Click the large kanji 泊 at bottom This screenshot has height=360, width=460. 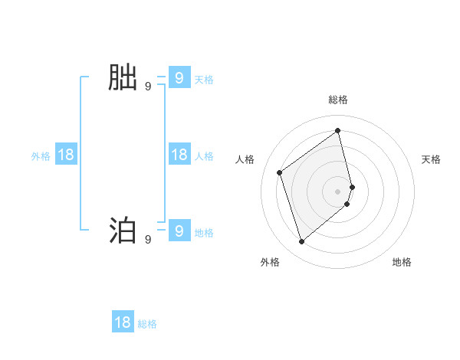[x=123, y=231]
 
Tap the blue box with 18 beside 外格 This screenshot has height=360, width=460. [x=66, y=155]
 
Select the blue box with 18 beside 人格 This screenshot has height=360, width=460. [x=179, y=155]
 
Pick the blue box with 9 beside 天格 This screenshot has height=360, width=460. [x=179, y=77]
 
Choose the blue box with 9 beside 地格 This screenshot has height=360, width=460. [x=179, y=231]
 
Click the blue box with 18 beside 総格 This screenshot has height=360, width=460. [x=123, y=322]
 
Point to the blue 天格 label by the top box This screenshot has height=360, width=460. [x=204, y=79]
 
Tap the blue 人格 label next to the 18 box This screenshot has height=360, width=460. [x=204, y=156]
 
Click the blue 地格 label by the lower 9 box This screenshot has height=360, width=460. [x=204, y=232]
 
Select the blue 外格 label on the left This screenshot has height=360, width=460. [x=41, y=156]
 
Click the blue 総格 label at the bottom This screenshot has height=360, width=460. [x=147, y=324]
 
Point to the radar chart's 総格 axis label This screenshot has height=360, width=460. [x=338, y=100]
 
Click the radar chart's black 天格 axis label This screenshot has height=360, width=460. [x=431, y=159]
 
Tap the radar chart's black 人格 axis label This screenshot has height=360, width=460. [x=245, y=159]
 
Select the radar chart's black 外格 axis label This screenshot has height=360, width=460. [x=270, y=262]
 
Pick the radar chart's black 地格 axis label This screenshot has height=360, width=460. [x=402, y=262]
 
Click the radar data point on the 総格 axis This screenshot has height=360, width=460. [x=338, y=130]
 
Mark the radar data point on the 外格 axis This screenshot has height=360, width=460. [x=301, y=242]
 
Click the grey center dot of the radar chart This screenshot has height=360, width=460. [x=338, y=190]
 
